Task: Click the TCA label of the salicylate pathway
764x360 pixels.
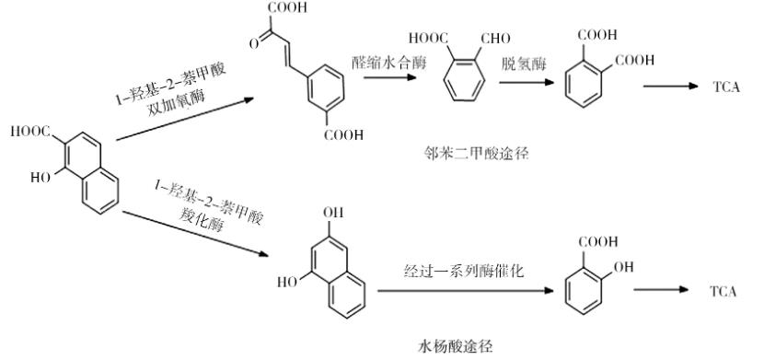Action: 723,291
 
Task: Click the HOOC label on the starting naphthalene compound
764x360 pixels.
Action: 30,134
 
